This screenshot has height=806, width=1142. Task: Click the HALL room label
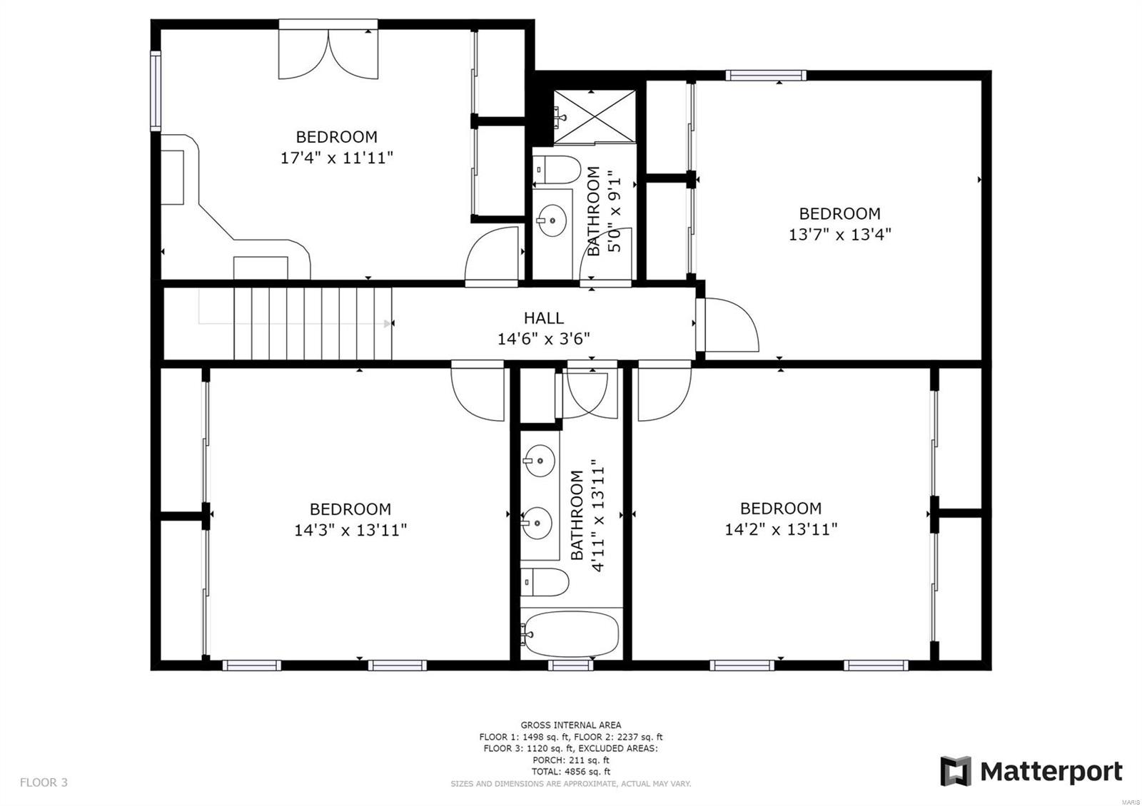tap(543, 318)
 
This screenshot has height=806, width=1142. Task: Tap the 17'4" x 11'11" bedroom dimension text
tap(337, 158)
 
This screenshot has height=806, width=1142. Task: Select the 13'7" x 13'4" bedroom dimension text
tap(839, 234)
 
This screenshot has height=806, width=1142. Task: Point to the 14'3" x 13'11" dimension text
tap(350, 530)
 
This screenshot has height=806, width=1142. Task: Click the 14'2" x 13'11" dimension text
tap(780, 529)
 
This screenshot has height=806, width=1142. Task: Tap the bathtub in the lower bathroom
tap(570, 633)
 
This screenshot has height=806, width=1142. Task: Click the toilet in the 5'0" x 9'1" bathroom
tap(557, 170)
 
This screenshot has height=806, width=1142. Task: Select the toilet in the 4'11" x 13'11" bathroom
tap(545, 583)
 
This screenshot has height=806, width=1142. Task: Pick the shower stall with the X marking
tap(595, 116)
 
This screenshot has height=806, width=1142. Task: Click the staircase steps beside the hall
tap(313, 323)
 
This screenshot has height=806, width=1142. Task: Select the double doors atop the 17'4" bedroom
tap(328, 51)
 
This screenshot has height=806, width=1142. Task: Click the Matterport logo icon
tap(955, 771)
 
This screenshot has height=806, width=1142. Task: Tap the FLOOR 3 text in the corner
tap(44, 782)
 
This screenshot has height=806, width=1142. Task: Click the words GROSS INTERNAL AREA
tap(570, 725)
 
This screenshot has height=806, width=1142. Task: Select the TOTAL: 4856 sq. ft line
tap(570, 771)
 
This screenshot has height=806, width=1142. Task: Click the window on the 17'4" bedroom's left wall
tap(155, 91)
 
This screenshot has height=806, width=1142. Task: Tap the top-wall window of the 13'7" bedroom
tap(766, 75)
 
